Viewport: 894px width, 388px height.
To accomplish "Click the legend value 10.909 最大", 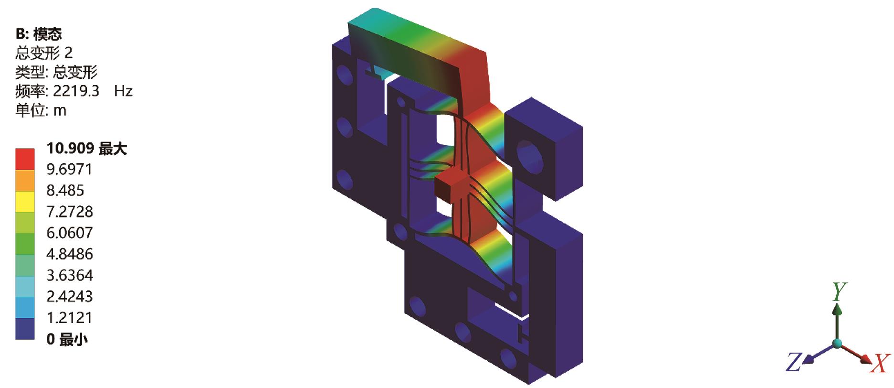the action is (x=86, y=149).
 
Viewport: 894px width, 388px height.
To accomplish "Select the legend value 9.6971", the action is (x=69, y=169).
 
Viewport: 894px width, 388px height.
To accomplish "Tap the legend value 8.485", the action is (x=65, y=190).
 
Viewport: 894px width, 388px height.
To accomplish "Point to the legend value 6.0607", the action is (x=69, y=233).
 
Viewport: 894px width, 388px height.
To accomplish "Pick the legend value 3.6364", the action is (x=69, y=275).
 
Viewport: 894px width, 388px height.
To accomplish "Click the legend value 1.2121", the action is (x=69, y=317).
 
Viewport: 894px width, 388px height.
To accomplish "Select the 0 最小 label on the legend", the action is (x=67, y=339).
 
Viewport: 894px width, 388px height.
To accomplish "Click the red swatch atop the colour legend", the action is (x=25, y=159).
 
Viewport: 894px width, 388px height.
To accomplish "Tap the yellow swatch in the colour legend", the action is (x=25, y=202).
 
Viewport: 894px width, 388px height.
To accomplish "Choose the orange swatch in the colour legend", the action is (x=25, y=181).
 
